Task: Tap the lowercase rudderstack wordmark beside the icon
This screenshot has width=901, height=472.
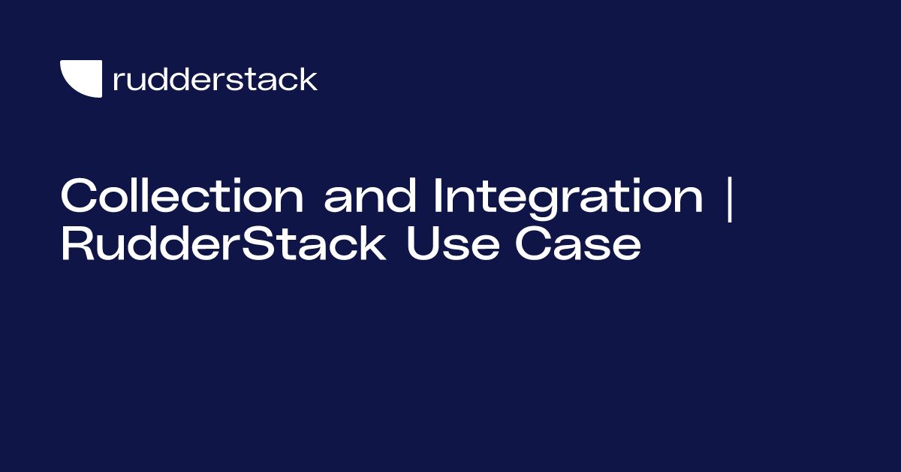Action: pyautogui.click(x=215, y=79)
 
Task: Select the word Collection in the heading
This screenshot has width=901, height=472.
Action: pyautogui.click(x=182, y=197)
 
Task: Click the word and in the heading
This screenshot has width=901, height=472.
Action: pyautogui.click(x=369, y=197)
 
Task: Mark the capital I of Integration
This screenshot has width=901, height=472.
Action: pyautogui.click(x=438, y=197)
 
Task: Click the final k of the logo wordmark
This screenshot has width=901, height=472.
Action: pyautogui.click(x=310, y=79)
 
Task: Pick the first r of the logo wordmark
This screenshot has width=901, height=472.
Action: pyautogui.click(x=117, y=81)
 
